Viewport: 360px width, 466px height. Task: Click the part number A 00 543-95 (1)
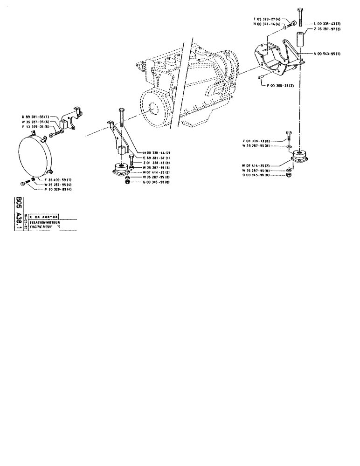(x=327, y=54)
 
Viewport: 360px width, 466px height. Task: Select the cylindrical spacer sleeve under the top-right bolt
(x=300, y=38)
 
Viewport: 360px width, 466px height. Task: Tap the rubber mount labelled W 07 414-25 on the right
(x=300, y=157)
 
